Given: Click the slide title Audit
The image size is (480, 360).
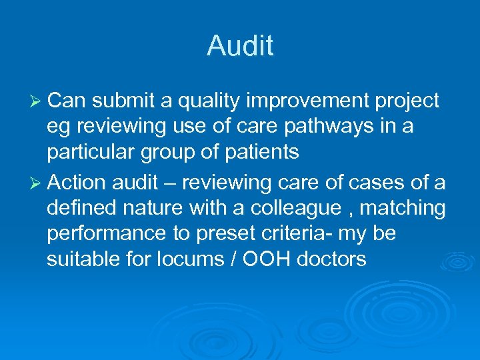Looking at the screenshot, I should pyautogui.click(x=240, y=46).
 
